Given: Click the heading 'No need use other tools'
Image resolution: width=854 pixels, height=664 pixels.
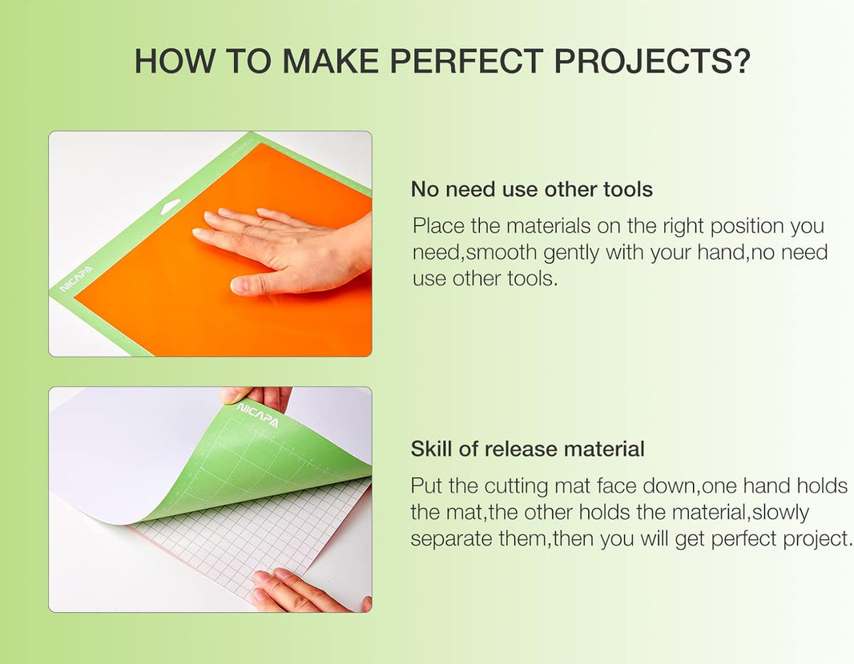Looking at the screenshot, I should coord(531,189).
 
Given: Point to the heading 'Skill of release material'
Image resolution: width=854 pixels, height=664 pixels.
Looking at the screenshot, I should coord(527,449).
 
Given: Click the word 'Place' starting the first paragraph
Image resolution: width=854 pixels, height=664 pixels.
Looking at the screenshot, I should coord(439,226).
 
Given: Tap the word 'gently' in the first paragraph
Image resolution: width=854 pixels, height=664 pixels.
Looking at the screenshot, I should coord(571,252).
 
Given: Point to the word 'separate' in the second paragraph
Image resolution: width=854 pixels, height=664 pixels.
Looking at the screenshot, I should coord(451,538).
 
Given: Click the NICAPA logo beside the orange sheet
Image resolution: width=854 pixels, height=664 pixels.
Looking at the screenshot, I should coord(76,280).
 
